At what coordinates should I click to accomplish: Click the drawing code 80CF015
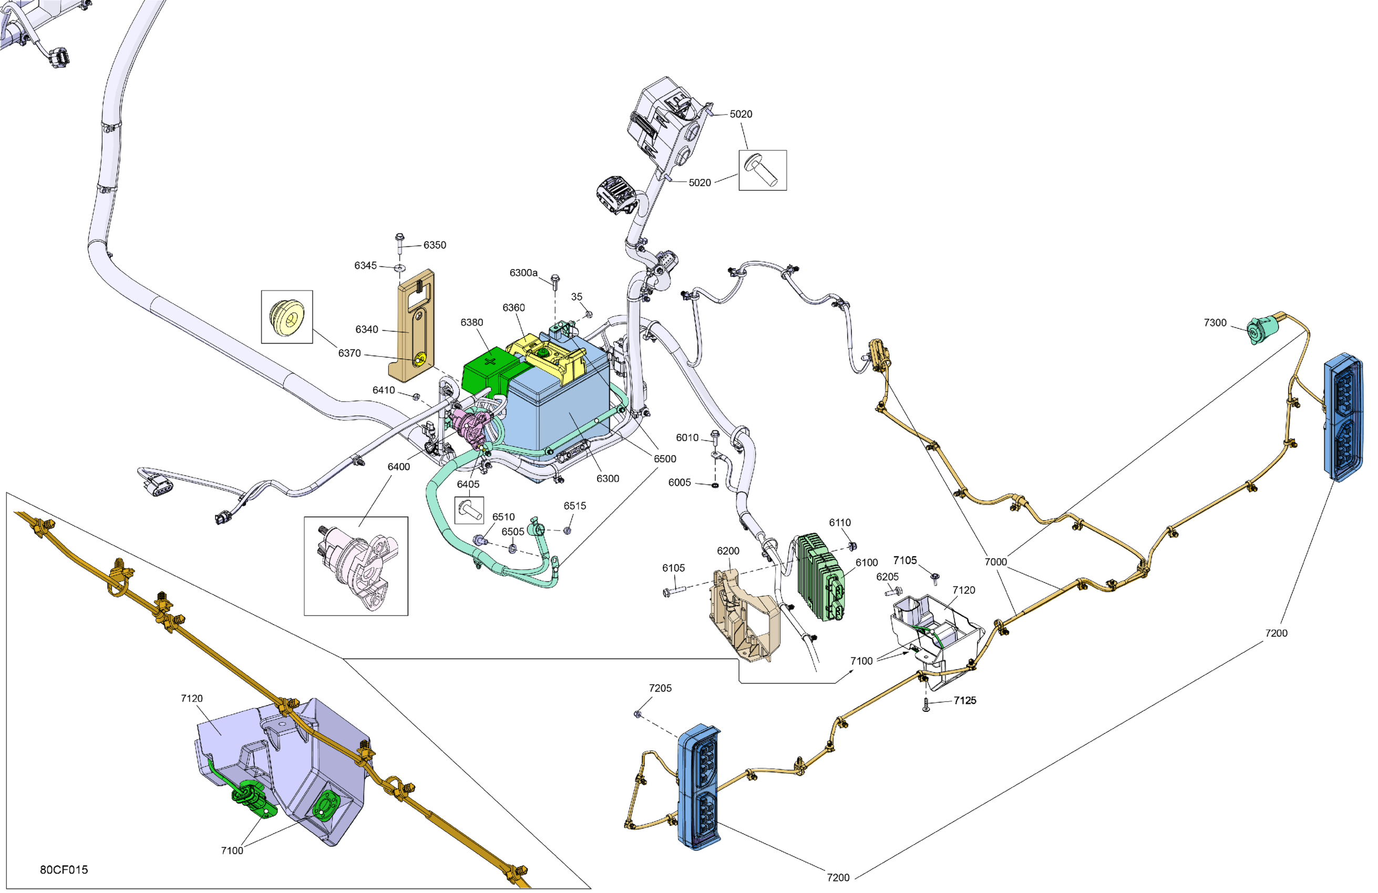click(64, 869)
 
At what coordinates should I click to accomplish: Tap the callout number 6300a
click(523, 273)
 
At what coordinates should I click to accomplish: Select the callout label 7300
click(1215, 323)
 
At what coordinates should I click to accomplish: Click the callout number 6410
click(383, 390)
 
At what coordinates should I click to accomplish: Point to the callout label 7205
click(660, 688)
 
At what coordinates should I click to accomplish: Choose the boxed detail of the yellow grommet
click(287, 317)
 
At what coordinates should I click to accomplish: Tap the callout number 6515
click(574, 506)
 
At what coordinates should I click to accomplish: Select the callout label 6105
click(673, 568)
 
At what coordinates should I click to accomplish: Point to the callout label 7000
click(995, 562)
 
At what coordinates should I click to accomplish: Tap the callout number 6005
click(679, 482)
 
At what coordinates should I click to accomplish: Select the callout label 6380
click(471, 323)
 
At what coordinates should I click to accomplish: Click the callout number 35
click(577, 296)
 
